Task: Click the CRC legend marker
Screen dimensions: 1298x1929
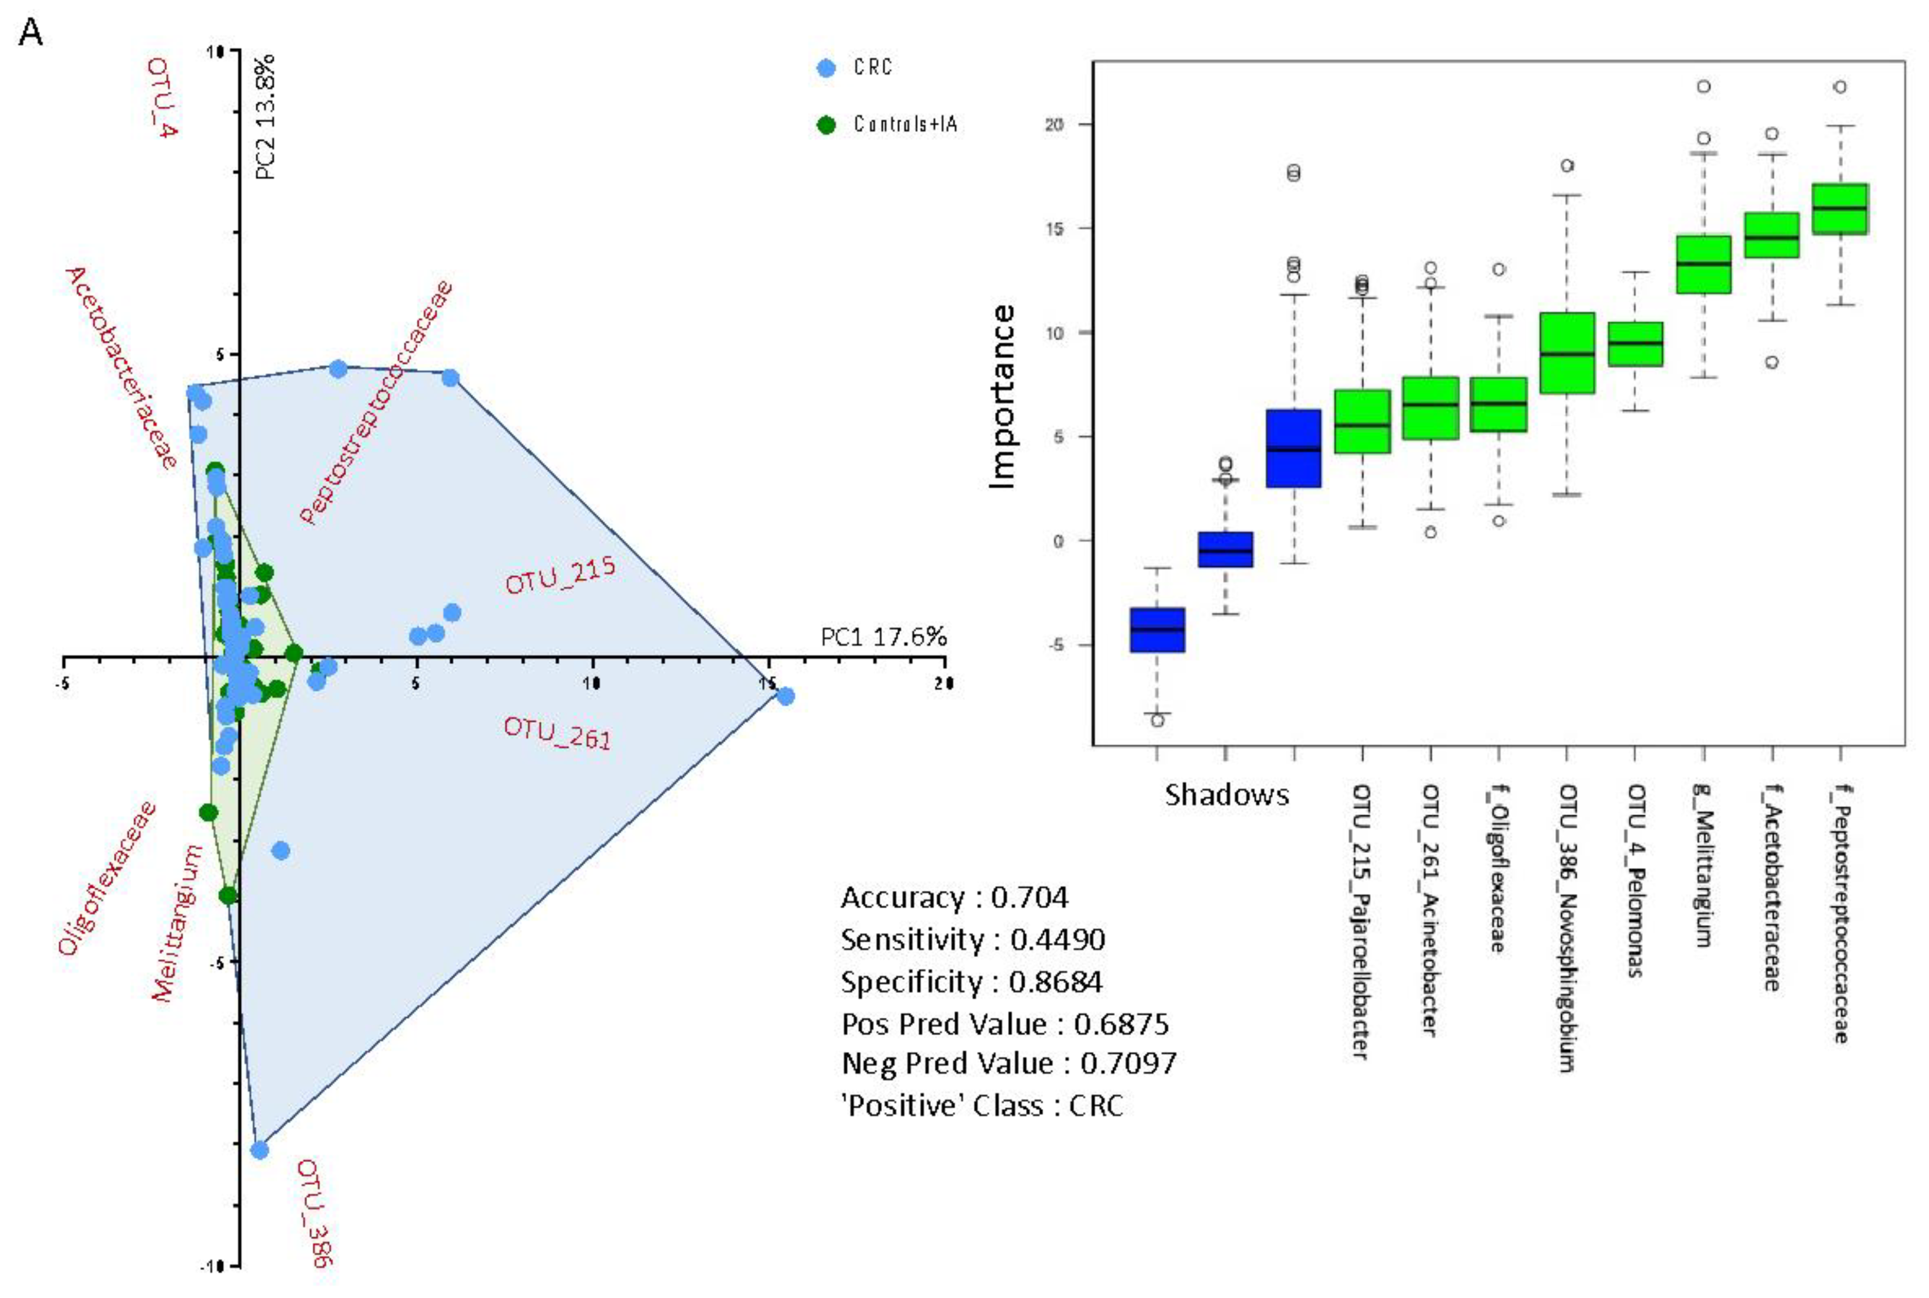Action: tap(826, 68)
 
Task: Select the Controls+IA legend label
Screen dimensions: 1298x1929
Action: tap(905, 124)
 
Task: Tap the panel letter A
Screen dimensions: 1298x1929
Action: tap(30, 33)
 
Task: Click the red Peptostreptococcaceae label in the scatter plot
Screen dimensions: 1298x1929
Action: tap(377, 402)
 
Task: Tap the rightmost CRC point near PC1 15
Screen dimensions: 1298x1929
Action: tap(786, 696)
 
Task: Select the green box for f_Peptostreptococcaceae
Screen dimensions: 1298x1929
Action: tap(1839, 209)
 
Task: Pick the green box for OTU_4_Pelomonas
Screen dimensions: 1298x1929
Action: tap(1634, 343)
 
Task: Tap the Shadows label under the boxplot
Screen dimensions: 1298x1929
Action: tap(1226, 795)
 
